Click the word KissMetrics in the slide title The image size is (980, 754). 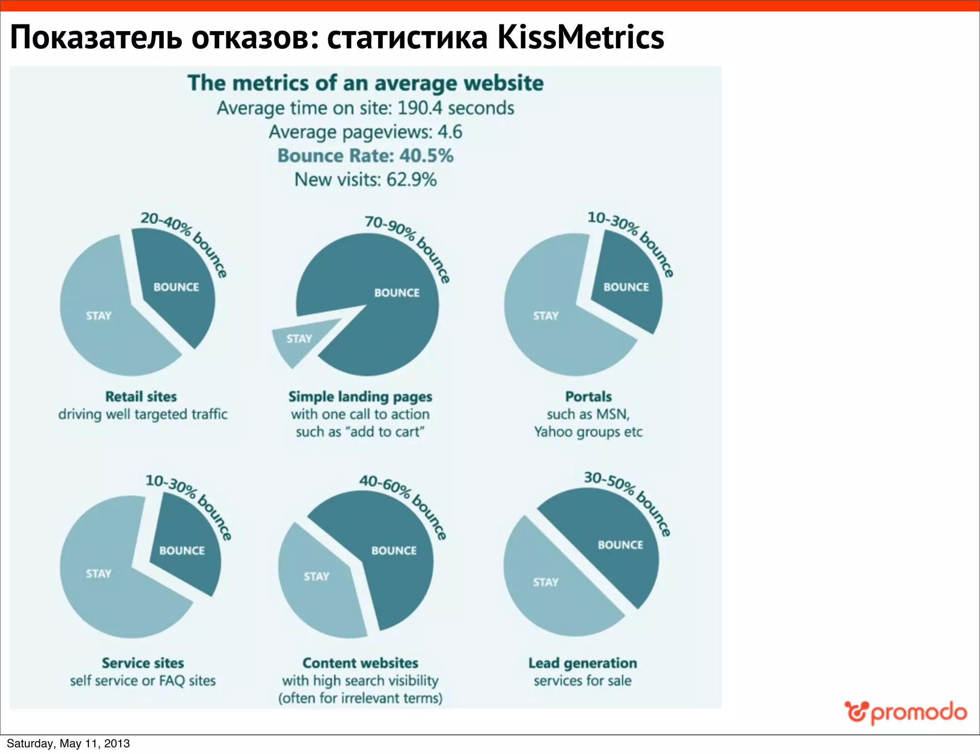(x=580, y=37)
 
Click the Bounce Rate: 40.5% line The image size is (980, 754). (x=365, y=156)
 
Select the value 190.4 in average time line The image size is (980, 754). (x=420, y=108)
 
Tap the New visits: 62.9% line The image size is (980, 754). (x=365, y=180)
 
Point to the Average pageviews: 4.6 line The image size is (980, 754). (x=365, y=132)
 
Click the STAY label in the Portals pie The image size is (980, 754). (x=546, y=316)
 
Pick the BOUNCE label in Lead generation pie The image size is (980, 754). (x=620, y=545)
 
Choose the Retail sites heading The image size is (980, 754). (x=141, y=397)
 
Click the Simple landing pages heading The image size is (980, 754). (x=360, y=397)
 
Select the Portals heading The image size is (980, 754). (x=588, y=397)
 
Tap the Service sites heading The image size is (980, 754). (x=143, y=663)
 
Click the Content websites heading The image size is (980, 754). (x=360, y=663)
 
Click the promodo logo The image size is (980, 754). (x=905, y=713)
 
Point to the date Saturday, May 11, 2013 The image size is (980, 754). (x=68, y=743)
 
